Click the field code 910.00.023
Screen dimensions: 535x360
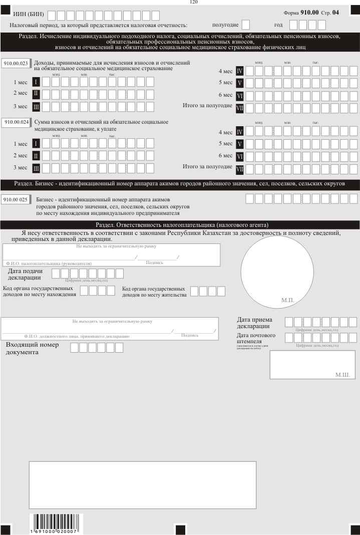pyautogui.click(x=16, y=64)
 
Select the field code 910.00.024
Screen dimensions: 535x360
pyautogui.click(x=16, y=122)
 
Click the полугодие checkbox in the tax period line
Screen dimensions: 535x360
pyautogui.click(x=245, y=25)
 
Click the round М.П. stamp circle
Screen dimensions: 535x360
pyautogui.click(x=275, y=271)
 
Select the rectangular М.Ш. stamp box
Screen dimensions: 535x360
pyautogui.click(x=312, y=365)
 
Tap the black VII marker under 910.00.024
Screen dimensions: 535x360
pyautogui.click(x=239, y=168)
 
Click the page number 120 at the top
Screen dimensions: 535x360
pyautogui.click(x=194, y=3)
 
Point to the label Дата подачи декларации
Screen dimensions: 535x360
pyautogui.click(x=25, y=275)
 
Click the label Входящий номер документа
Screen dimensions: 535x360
pyautogui.click(x=32, y=348)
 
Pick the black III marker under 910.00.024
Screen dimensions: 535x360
pyautogui.click(x=36, y=167)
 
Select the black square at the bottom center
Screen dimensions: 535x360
pyautogui.click(x=181, y=529)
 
